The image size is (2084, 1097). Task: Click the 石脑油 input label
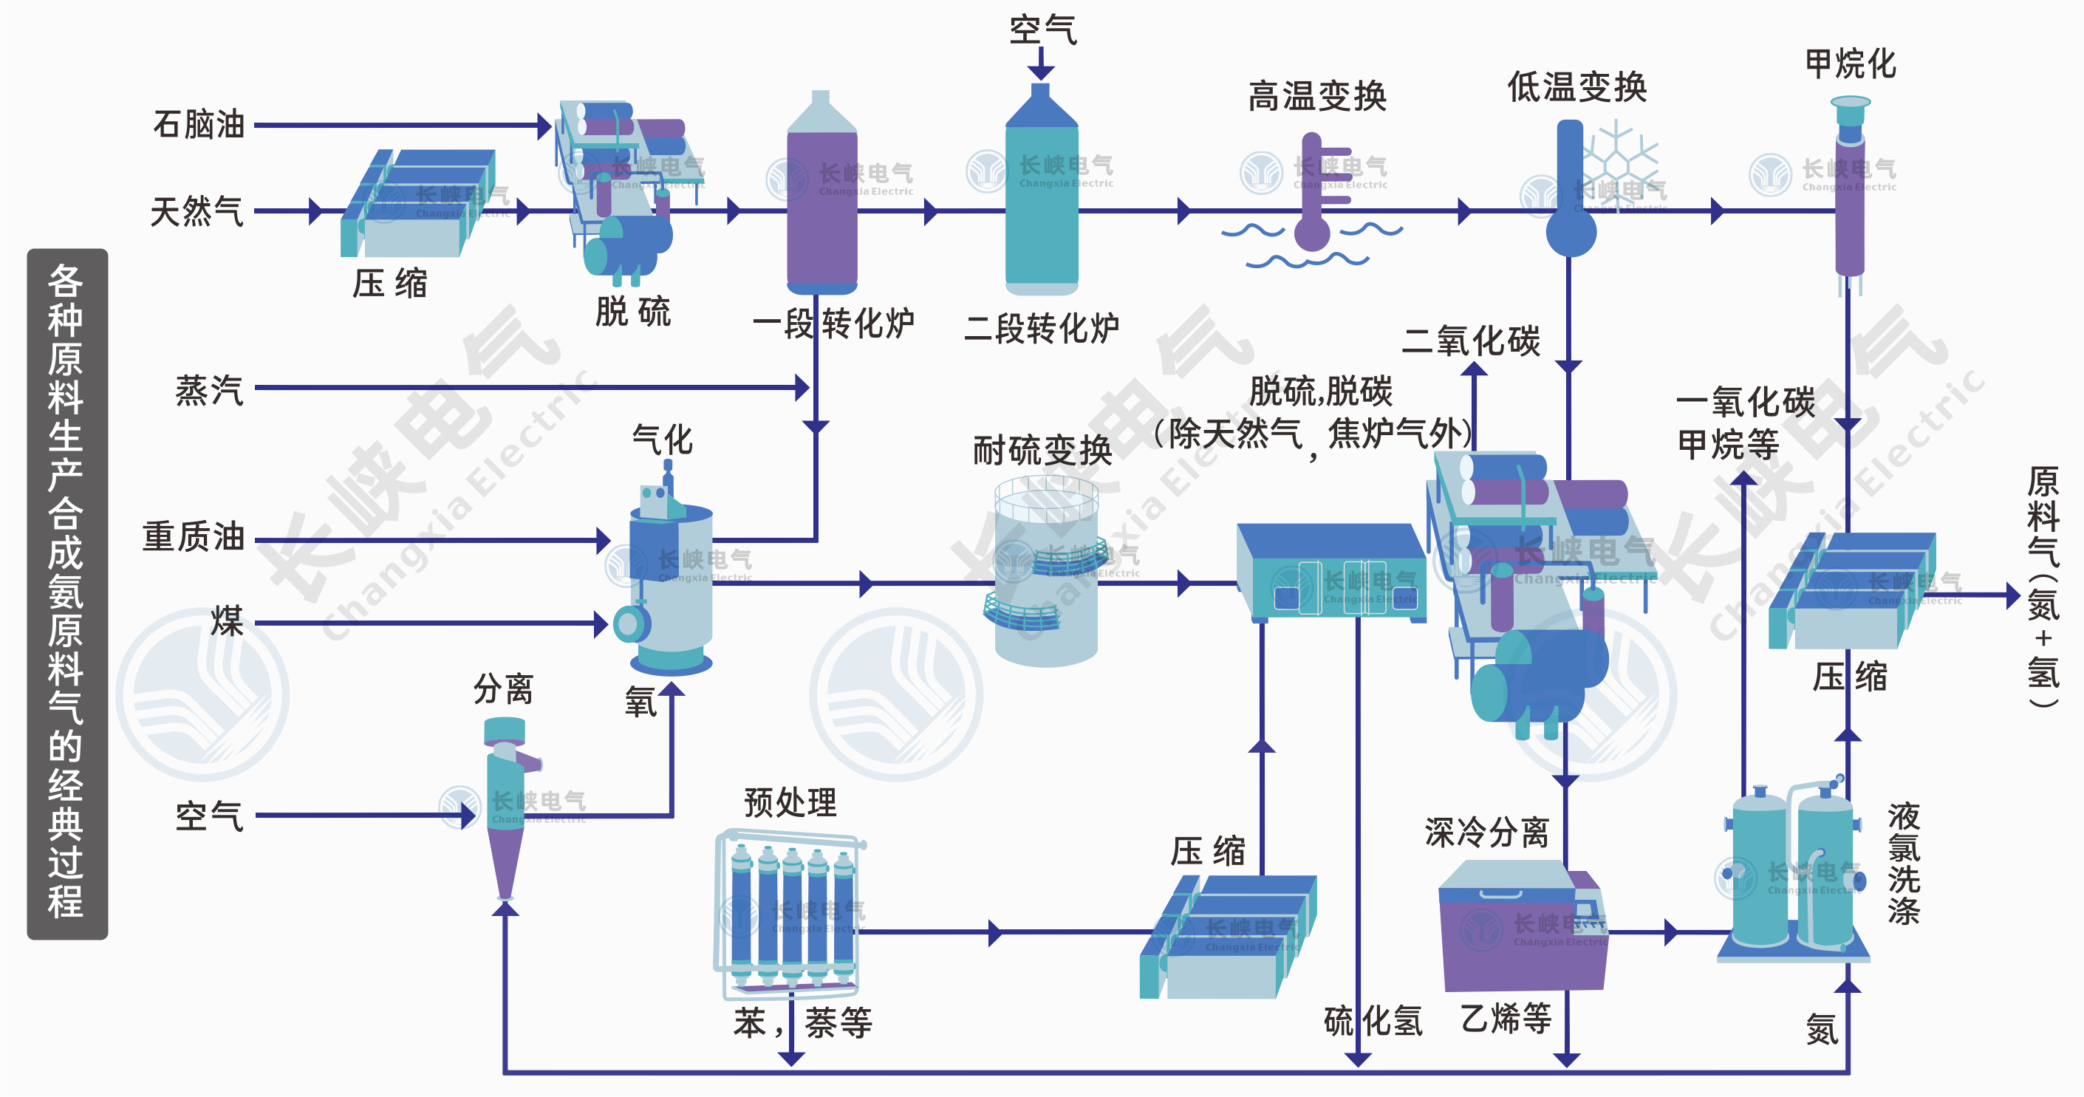[198, 125]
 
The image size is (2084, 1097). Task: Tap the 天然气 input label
[197, 212]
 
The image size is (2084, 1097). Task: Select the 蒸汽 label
[209, 391]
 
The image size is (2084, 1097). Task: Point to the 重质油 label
[194, 537]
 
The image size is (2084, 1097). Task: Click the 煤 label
[227, 621]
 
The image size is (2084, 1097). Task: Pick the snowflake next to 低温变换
[1619, 158]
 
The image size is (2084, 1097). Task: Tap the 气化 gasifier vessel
[670, 582]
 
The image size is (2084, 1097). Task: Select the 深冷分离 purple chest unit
[1521, 930]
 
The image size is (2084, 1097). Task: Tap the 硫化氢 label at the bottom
[1373, 1021]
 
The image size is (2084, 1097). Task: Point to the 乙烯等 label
[1506, 1018]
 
